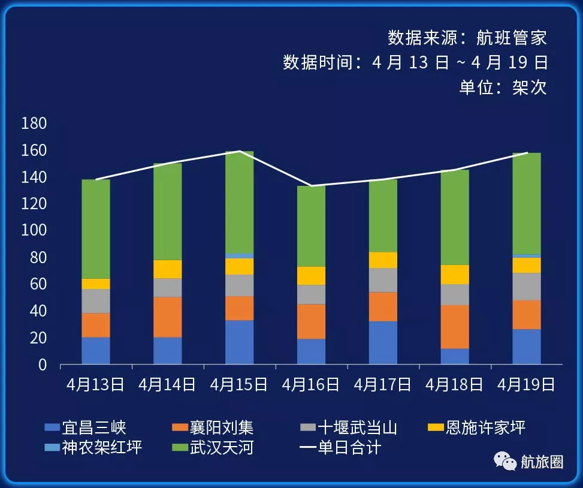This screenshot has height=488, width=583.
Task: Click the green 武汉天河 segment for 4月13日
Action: [96, 228]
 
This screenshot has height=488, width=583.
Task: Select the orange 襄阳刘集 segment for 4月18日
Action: [455, 326]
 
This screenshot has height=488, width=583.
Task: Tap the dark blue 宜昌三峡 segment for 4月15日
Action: [239, 342]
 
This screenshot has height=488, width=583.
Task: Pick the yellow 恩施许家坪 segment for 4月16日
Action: [311, 275]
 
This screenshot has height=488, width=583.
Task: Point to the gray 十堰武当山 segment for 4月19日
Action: [527, 286]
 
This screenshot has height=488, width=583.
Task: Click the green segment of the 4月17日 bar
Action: [383, 215]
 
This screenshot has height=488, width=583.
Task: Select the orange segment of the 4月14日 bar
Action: [168, 317]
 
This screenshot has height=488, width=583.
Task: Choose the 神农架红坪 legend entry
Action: [102, 447]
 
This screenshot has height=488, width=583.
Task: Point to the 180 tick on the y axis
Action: [34, 124]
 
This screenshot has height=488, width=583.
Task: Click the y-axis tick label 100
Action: [34, 231]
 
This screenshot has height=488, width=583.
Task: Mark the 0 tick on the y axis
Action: [42, 365]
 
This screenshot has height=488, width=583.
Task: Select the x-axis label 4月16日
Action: [310, 384]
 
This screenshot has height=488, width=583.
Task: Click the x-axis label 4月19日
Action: [526, 384]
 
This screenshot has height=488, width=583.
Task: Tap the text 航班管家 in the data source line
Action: [512, 38]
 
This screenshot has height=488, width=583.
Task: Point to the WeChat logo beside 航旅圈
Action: [505, 461]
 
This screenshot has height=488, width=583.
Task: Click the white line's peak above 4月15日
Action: [239, 151]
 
